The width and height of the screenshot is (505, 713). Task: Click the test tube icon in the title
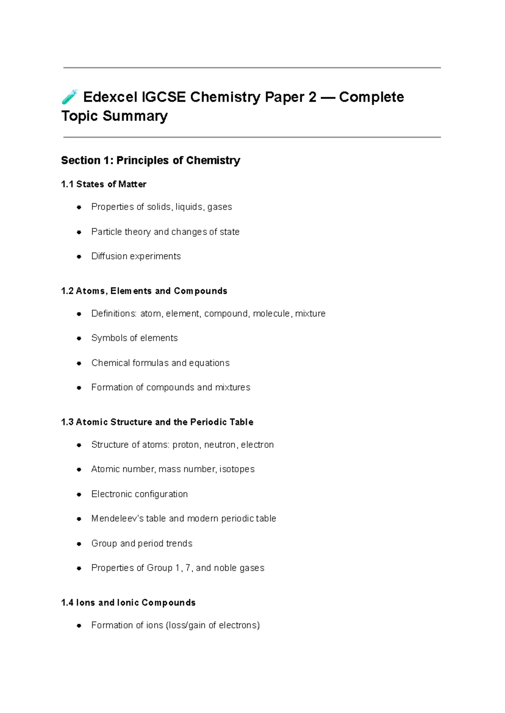click(x=69, y=97)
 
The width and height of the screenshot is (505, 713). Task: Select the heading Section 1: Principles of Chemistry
click(x=150, y=160)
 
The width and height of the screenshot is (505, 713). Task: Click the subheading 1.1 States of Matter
click(x=104, y=184)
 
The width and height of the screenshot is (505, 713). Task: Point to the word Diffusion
click(x=109, y=256)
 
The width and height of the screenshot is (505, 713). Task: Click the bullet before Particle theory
click(x=79, y=232)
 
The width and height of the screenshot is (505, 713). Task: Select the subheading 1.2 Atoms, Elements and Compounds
click(x=144, y=291)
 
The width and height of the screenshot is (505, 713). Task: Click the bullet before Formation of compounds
click(x=79, y=388)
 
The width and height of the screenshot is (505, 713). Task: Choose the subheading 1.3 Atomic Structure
click(x=157, y=422)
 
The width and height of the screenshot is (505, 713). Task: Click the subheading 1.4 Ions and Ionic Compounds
click(x=128, y=603)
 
